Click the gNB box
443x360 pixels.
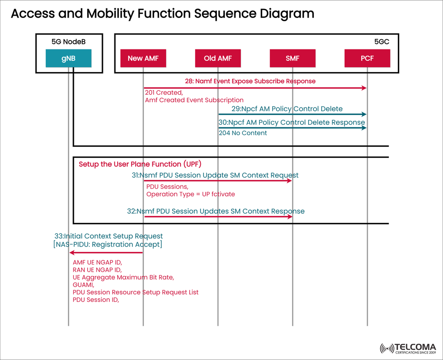pyautogui.click(x=68, y=58)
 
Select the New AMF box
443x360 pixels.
pyautogui.click(x=143, y=58)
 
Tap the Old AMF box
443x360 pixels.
pyautogui.click(x=218, y=58)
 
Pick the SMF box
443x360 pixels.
pyautogui.click(x=293, y=58)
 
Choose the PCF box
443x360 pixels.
pyautogui.click(x=367, y=58)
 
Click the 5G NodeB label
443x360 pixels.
pyautogui.click(x=68, y=42)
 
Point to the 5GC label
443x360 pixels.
pyautogui.click(x=382, y=42)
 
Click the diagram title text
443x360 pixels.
pyautogui.click(x=162, y=14)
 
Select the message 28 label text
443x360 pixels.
pyautogui.click(x=250, y=81)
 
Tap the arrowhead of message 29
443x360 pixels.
pyautogui.click(x=364, y=114)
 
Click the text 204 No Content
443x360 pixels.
pyautogui.click(x=243, y=133)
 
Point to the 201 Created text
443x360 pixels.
pyautogui.click(x=164, y=93)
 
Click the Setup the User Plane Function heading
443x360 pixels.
pyautogui.click(x=140, y=164)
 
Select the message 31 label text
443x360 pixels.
pyautogui.click(x=215, y=175)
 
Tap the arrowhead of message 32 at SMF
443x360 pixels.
pyautogui.click(x=290, y=216)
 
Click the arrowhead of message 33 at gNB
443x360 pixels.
pyautogui.click(x=72, y=252)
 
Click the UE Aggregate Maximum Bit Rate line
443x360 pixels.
pyautogui.click(x=123, y=277)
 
